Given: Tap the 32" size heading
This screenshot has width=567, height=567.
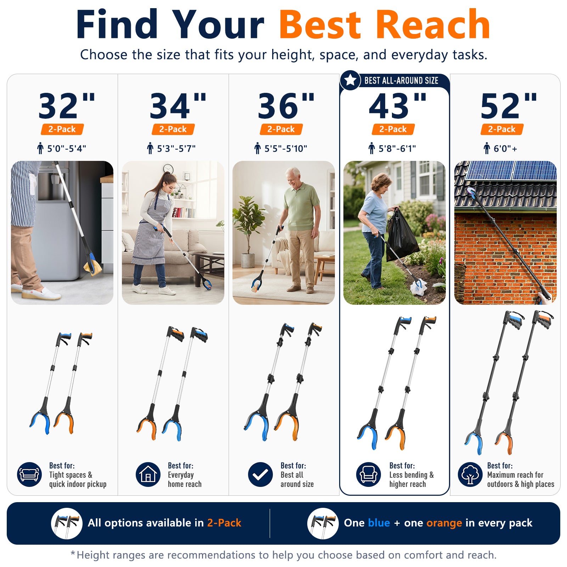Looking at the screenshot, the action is click(67, 105).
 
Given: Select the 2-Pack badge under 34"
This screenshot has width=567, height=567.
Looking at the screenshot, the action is click(173, 129).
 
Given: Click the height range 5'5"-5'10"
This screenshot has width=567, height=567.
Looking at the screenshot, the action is click(286, 148).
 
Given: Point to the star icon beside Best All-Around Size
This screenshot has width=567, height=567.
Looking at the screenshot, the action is click(350, 80).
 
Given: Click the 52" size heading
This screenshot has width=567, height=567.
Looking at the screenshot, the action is click(509, 105).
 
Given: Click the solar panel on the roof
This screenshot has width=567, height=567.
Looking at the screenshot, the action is click(510, 170).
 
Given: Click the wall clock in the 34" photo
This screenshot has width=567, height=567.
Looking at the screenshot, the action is click(168, 169).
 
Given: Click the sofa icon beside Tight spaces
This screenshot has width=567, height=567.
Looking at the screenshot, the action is click(29, 475).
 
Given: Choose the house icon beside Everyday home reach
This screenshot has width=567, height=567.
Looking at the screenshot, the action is click(148, 475).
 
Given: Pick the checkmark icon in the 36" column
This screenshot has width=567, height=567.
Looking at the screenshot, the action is click(260, 475).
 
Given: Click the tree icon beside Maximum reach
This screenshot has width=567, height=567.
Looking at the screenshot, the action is click(470, 475).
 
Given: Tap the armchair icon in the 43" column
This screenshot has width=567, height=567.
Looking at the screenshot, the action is click(369, 475).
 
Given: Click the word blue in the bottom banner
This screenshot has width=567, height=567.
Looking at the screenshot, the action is click(379, 523).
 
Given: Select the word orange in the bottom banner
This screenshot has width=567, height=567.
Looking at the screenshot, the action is click(444, 523).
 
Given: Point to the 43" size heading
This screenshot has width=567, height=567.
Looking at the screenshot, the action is click(398, 105).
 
